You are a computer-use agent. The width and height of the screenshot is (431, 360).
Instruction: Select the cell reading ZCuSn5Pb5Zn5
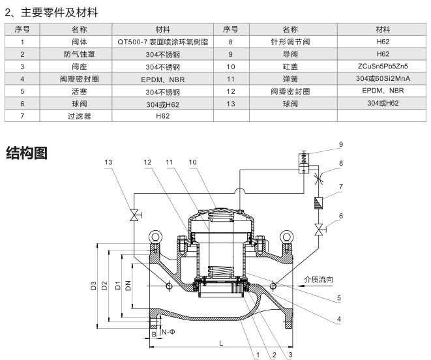(383, 66)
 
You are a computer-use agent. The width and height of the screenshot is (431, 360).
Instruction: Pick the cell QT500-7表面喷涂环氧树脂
(163, 41)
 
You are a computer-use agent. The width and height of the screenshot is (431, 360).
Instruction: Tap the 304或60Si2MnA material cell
(383, 78)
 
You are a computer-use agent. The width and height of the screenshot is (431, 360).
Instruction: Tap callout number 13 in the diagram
(108, 162)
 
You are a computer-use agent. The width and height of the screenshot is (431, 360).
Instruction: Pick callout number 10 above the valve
(192, 162)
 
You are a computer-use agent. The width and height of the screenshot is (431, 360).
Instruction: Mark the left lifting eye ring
(155, 237)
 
